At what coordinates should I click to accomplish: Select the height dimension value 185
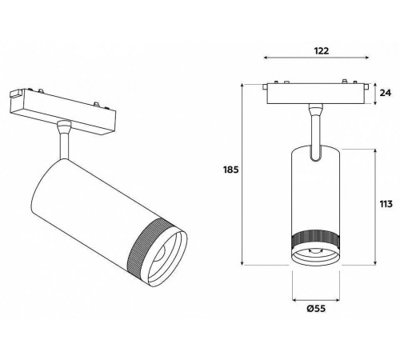[x=230, y=170]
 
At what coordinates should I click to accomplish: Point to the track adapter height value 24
[x=388, y=93]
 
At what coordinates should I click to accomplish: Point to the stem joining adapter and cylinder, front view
[x=314, y=128]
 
